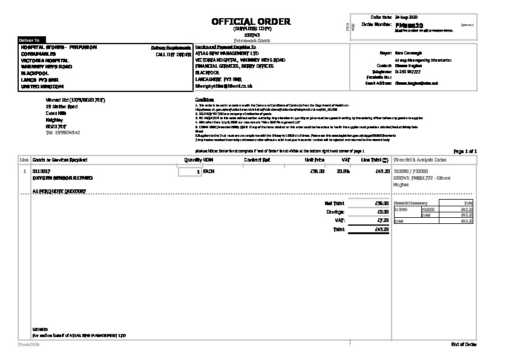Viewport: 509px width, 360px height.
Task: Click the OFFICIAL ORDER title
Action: [x=251, y=22]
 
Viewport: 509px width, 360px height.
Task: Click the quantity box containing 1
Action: [x=190, y=172]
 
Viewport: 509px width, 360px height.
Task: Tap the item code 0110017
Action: [x=41, y=172]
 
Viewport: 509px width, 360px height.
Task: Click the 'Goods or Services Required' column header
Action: [x=59, y=160]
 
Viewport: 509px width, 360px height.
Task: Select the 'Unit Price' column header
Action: [x=315, y=160]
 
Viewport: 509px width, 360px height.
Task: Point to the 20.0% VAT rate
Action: [x=343, y=172]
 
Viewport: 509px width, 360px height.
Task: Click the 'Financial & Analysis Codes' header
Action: [x=421, y=160]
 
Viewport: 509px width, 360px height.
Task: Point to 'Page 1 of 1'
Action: [x=465, y=151]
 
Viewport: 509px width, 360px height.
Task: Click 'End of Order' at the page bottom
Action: [x=464, y=344]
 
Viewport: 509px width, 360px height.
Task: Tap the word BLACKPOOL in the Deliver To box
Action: [x=34, y=73]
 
